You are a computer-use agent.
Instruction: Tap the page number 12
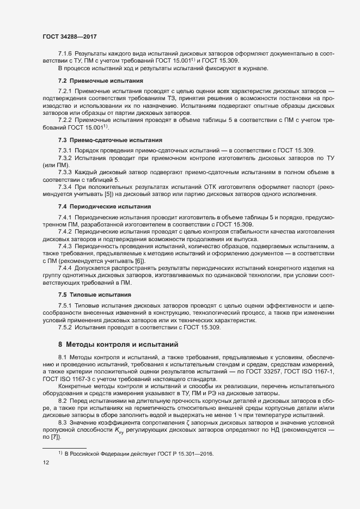46,463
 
